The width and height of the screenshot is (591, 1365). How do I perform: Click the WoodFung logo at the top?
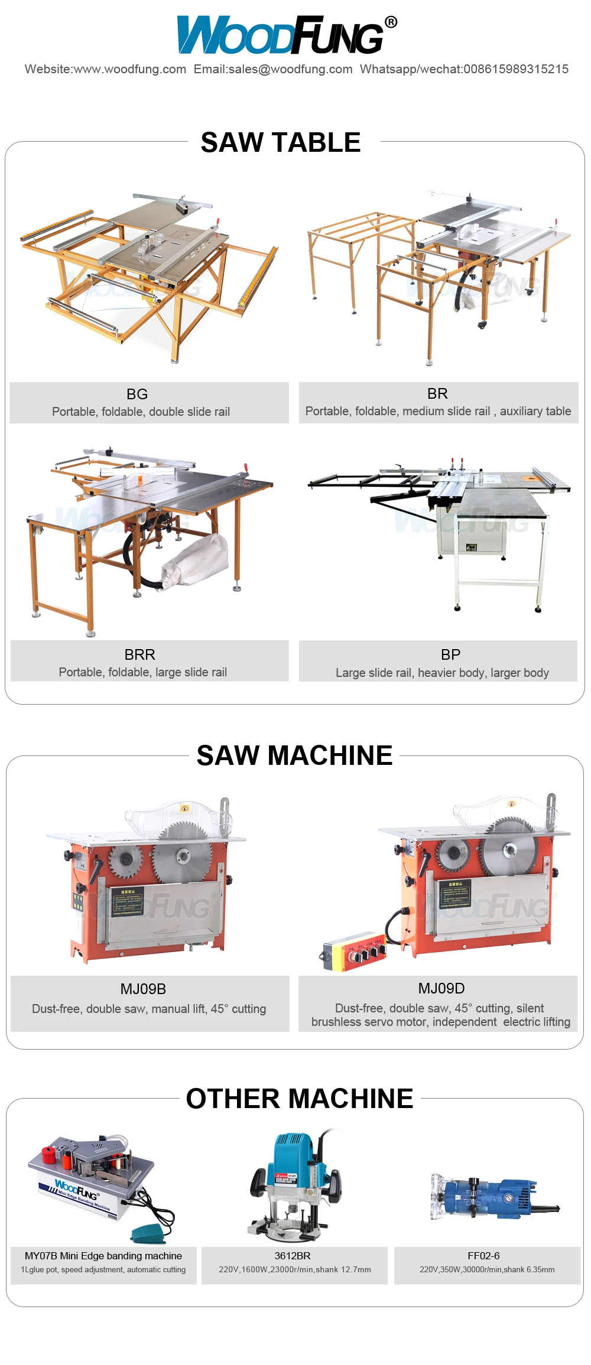(x=281, y=35)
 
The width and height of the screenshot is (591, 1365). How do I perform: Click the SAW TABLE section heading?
(x=281, y=142)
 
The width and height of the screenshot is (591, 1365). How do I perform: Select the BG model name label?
(x=137, y=394)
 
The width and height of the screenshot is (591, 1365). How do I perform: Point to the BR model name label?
(x=437, y=393)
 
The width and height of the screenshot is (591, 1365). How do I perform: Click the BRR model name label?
(x=140, y=654)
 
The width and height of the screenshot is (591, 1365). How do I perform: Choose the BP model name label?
(x=450, y=654)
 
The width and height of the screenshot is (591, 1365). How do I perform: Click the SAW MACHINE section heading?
(x=294, y=755)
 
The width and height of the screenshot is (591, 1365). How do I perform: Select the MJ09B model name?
(x=143, y=989)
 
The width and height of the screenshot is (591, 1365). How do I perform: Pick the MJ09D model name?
(x=441, y=988)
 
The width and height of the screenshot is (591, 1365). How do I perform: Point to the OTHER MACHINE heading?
(x=300, y=1099)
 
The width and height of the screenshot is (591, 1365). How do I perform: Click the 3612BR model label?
(x=293, y=1256)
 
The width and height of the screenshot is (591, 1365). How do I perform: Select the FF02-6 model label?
(x=483, y=1256)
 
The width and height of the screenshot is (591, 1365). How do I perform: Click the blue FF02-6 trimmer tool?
(x=496, y=1198)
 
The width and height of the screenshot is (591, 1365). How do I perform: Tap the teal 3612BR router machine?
(x=295, y=1181)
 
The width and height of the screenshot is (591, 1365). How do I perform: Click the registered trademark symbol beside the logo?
(x=391, y=22)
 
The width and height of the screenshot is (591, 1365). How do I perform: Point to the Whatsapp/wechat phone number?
(x=516, y=69)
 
